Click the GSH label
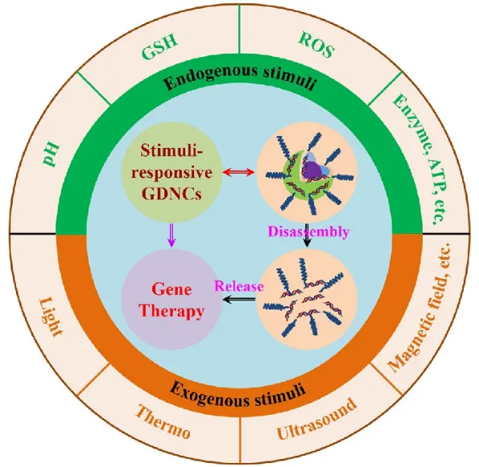(x=159, y=48)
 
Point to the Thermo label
(x=163, y=422)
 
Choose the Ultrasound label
(x=316, y=419)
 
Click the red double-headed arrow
(x=238, y=173)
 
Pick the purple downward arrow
(x=172, y=236)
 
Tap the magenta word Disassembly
(x=308, y=232)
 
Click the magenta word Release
(x=239, y=286)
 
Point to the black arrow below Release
(x=239, y=300)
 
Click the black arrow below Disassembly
(x=307, y=236)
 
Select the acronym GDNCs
(x=172, y=194)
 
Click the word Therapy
(x=171, y=311)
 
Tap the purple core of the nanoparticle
(x=312, y=168)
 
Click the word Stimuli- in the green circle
(x=171, y=150)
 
